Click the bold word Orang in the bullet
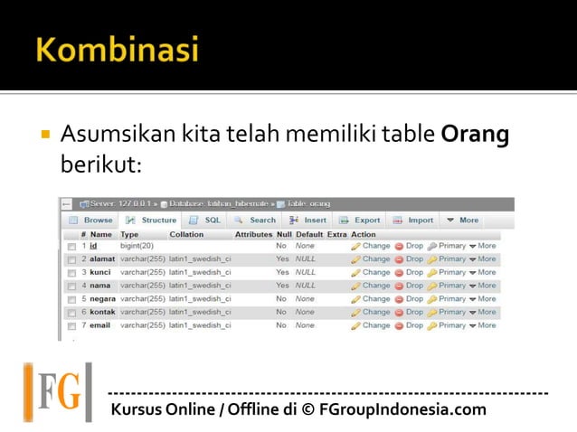coord(475,136)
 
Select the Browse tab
coord(91,220)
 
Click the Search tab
coord(256,220)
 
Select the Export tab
coord(360,220)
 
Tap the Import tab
coord(413,220)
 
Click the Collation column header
coord(186,234)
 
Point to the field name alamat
coord(102,258)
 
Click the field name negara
coord(103,298)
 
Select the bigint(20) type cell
coord(137,246)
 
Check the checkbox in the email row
coord(71,325)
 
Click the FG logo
coord(58,392)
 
